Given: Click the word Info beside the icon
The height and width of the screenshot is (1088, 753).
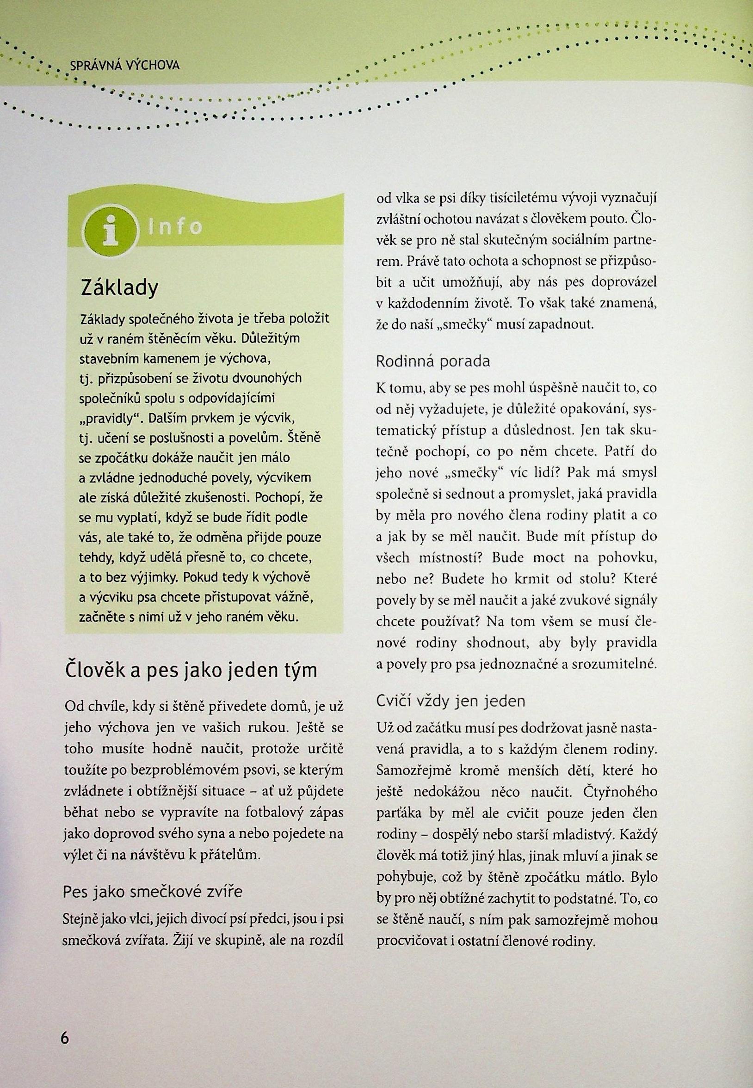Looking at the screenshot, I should tap(175, 227).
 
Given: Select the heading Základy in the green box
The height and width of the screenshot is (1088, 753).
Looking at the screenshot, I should tap(119, 287).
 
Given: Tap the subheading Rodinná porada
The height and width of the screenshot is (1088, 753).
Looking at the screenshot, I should tap(433, 361).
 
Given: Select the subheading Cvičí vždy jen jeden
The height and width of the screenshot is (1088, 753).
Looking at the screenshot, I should tap(451, 701).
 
